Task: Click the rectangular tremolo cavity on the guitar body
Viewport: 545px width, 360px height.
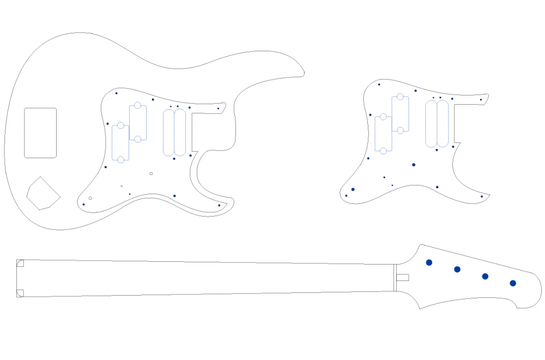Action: (40, 133)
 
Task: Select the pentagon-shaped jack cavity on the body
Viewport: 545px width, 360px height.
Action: (42, 194)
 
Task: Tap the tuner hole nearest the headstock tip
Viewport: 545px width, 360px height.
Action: (513, 283)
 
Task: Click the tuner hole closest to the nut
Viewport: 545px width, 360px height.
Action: (429, 262)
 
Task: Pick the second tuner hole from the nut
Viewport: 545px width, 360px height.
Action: (457, 269)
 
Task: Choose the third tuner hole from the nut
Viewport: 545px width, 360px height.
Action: (485, 277)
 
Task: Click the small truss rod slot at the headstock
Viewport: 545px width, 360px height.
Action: (402, 278)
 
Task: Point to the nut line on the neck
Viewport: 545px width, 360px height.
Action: (394, 278)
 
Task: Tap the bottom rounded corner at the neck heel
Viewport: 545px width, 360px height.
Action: (20, 293)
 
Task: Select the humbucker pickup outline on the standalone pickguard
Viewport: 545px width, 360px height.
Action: (437, 124)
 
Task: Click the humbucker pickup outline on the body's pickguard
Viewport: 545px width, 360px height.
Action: (174, 133)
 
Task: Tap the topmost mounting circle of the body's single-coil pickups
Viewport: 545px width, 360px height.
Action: (137, 105)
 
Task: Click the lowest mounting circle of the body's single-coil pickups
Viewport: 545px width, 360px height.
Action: (120, 160)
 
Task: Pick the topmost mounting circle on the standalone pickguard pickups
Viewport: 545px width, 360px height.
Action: (400, 97)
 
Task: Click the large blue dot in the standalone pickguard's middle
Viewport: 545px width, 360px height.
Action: (414, 165)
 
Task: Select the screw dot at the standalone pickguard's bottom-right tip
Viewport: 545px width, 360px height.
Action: (482, 196)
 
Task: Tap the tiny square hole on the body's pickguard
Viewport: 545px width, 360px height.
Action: (151, 173)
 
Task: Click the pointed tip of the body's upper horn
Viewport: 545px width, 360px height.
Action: (304, 74)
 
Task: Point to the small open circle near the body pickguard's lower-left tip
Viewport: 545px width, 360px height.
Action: (90, 198)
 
